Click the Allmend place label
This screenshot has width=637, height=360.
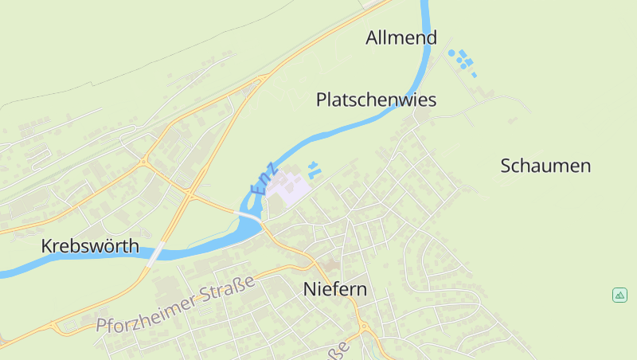click(401, 37)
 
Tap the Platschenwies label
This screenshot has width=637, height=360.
click(376, 100)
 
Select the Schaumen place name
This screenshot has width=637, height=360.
click(545, 166)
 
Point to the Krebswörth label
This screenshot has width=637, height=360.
click(90, 246)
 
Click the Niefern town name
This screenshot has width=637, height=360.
click(335, 289)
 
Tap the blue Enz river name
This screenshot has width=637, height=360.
click(264, 180)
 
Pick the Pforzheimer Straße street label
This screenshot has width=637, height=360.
click(174, 304)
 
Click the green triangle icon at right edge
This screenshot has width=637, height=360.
click(619, 295)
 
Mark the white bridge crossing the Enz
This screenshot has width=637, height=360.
click(249, 217)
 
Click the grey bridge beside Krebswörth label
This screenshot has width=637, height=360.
click(155, 252)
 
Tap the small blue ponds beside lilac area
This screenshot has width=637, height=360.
click(314, 167)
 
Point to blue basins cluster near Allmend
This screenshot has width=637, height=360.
click(461, 59)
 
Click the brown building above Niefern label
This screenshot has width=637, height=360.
click(330, 264)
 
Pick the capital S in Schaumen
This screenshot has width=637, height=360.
click(506, 166)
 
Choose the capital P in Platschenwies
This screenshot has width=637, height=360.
click(321, 100)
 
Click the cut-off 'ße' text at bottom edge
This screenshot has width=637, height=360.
click(339, 350)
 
